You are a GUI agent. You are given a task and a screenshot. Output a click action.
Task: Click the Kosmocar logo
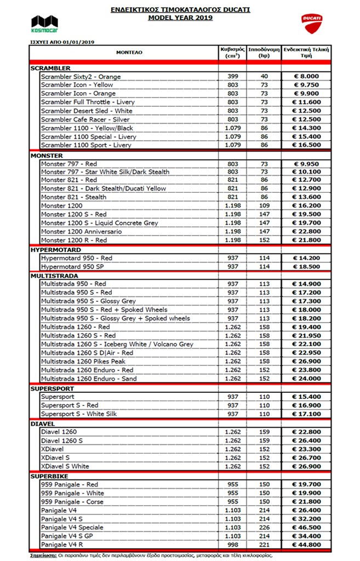click(43, 23)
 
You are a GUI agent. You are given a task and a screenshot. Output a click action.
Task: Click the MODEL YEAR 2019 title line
click(180, 18)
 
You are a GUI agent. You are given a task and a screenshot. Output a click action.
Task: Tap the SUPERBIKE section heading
click(49, 476)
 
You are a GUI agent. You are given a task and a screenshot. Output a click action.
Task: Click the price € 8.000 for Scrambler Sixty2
click(305, 77)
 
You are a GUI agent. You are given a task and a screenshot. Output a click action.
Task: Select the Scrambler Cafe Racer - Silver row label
click(85, 119)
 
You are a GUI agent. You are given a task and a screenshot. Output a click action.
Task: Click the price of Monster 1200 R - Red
click(305, 240)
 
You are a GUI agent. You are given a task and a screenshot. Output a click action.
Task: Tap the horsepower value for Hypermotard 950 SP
click(264, 266)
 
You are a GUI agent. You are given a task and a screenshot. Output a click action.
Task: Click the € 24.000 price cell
click(305, 379)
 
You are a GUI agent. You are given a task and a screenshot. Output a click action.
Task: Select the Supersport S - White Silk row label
click(79, 414)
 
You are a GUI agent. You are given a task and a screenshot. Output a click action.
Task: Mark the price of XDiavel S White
click(305, 466)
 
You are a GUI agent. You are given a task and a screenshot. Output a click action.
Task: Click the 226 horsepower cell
click(264, 528)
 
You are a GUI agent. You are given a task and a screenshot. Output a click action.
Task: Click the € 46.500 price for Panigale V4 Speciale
click(305, 528)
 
